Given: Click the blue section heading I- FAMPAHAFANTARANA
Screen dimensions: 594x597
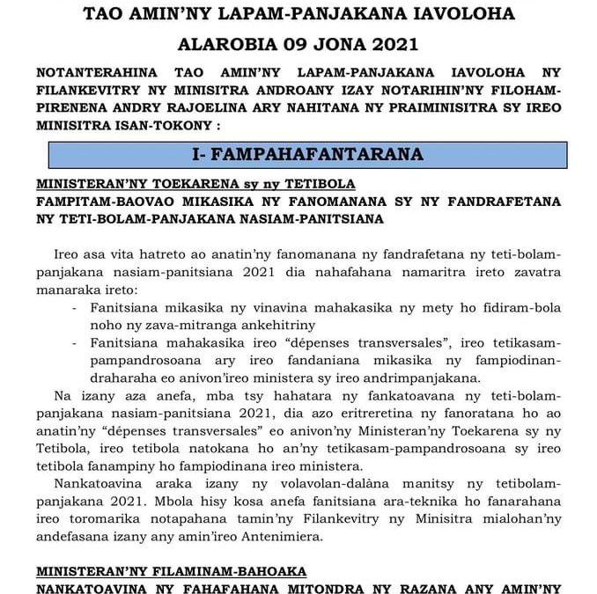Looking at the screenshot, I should [307, 154].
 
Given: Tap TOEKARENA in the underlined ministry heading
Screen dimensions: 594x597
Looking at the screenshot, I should [181, 185].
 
